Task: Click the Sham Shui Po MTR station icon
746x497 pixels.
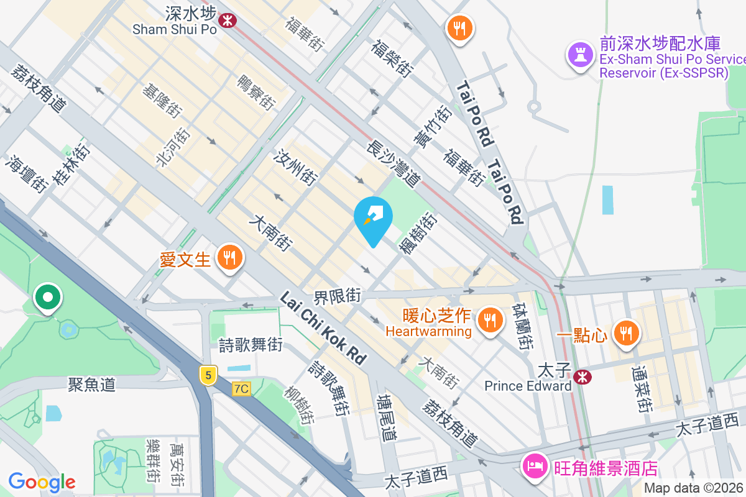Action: click(228, 20)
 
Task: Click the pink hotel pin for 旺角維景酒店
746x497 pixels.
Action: click(535, 467)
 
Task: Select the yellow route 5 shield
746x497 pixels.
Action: click(208, 375)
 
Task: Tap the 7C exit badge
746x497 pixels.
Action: click(241, 389)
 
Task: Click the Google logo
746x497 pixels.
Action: click(42, 481)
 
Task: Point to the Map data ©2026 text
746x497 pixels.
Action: click(693, 488)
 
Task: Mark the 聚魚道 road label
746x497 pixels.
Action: click(91, 385)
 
